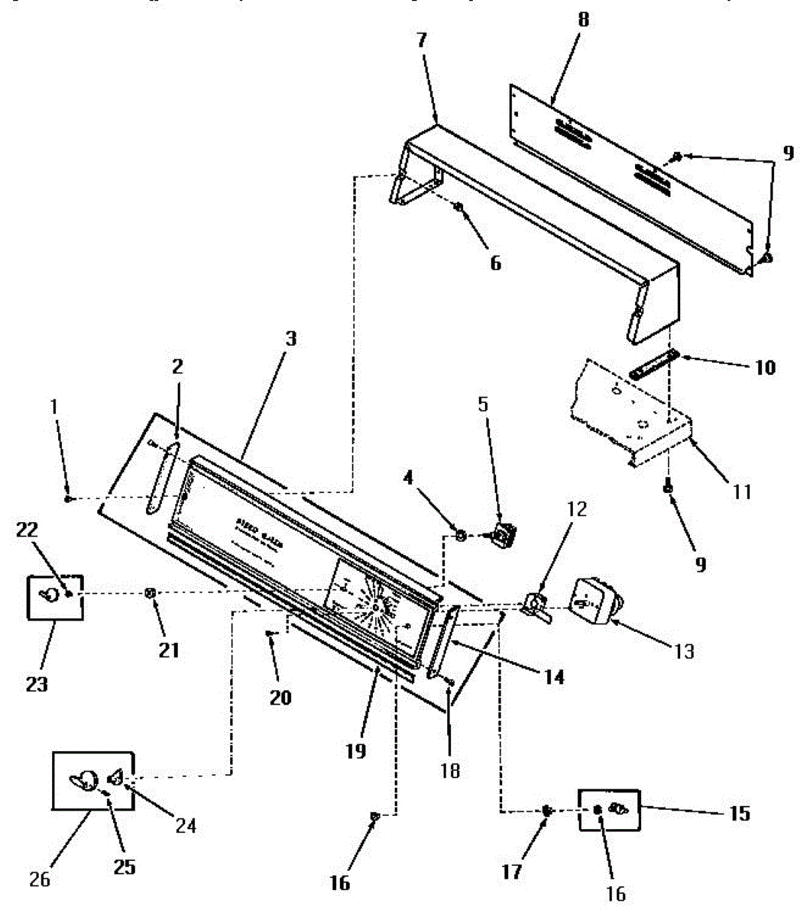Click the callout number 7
[x=421, y=40]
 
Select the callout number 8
[x=583, y=20]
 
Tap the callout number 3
[x=291, y=338]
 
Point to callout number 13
[x=684, y=650]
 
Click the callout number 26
[x=39, y=879]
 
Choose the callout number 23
[x=36, y=683]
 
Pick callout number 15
[x=739, y=813]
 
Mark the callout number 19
[x=355, y=750]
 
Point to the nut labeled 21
[x=151, y=593]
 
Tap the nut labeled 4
[x=461, y=537]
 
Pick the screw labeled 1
[x=69, y=498]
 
